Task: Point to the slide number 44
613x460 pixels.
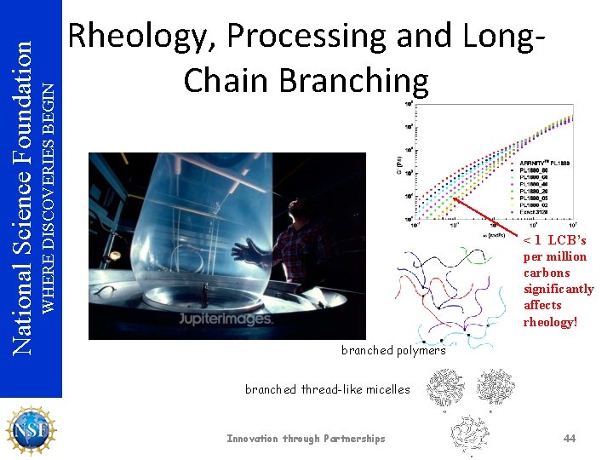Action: [x=570, y=438]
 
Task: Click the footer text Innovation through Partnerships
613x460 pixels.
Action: [x=306, y=439]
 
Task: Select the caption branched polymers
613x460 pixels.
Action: [x=392, y=350]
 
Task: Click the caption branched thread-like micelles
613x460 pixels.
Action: [x=327, y=389]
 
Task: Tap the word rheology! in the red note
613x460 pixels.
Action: [x=550, y=321]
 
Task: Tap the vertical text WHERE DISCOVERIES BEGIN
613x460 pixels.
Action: [x=49, y=196]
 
